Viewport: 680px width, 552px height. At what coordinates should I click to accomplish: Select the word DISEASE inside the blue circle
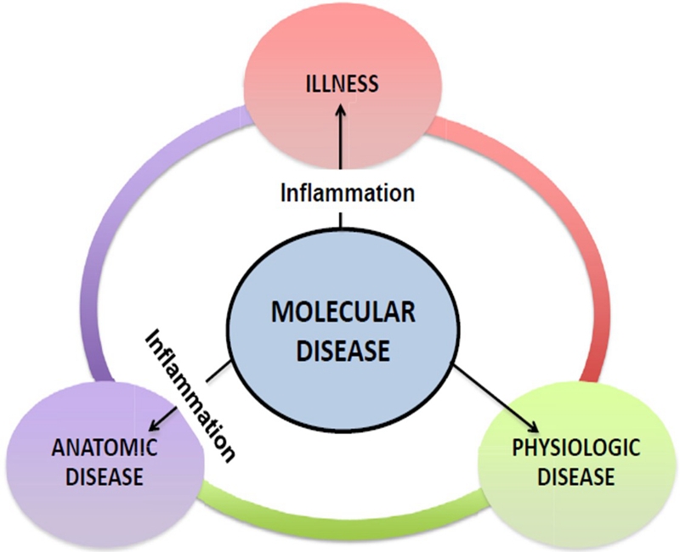point(343,349)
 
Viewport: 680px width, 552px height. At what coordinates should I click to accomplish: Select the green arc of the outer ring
point(340,510)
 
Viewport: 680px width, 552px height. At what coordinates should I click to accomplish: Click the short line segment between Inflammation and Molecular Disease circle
point(341,219)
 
